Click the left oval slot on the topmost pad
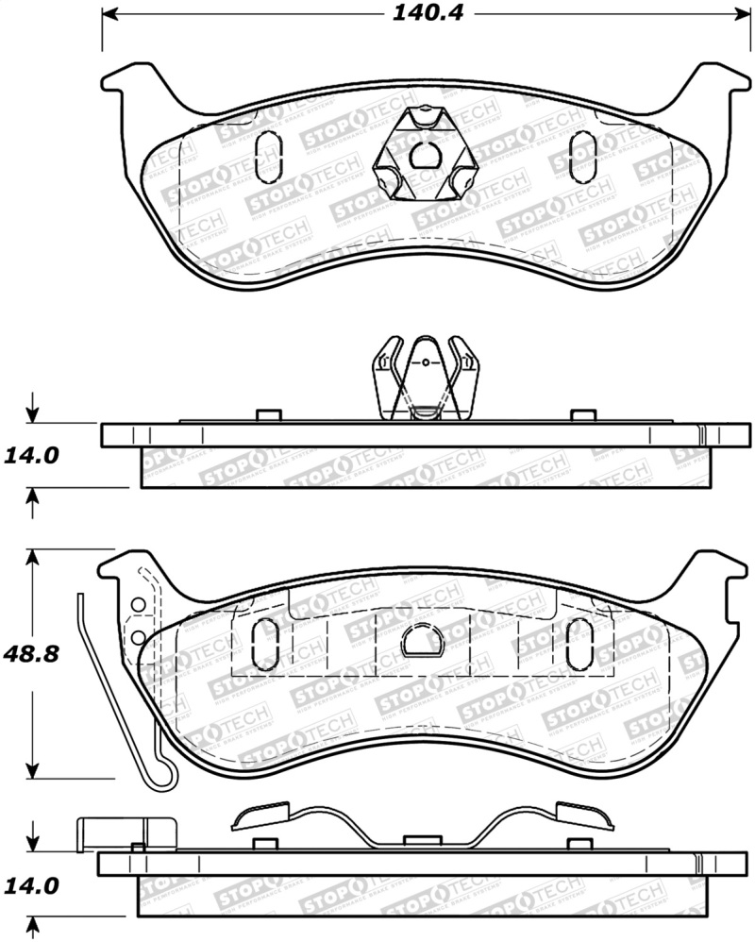pos(268,155)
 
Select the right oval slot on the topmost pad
pos(584,155)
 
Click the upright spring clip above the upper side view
pos(426,378)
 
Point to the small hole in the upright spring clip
pos(426,362)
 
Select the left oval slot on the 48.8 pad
pos(266,644)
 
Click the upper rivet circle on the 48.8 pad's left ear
pos(138,605)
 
